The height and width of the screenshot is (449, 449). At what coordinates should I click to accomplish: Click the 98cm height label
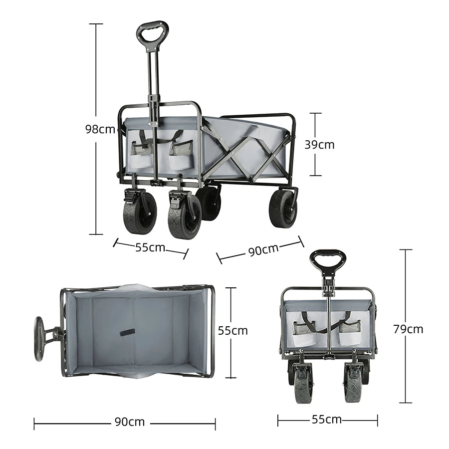click(x=100, y=129)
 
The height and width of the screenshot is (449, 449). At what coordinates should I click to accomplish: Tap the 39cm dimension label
click(x=319, y=145)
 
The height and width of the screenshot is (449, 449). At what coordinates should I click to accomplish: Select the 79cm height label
click(x=408, y=329)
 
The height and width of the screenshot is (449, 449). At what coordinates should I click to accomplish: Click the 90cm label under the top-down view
click(x=130, y=422)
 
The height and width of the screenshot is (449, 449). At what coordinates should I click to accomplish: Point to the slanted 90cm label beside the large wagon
click(x=263, y=250)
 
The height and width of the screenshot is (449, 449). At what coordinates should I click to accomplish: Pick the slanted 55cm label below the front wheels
click(x=150, y=247)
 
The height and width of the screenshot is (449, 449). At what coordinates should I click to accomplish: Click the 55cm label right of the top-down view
click(x=232, y=330)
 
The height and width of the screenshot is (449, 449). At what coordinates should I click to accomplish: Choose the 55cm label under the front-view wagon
click(x=327, y=419)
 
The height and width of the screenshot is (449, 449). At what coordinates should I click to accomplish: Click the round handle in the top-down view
click(x=38, y=339)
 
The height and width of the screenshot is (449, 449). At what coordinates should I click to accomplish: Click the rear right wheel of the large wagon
click(x=283, y=208)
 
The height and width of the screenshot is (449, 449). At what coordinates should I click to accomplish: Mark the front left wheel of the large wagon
click(x=139, y=214)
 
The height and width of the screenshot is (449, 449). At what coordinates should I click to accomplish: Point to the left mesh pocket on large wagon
click(x=142, y=148)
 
